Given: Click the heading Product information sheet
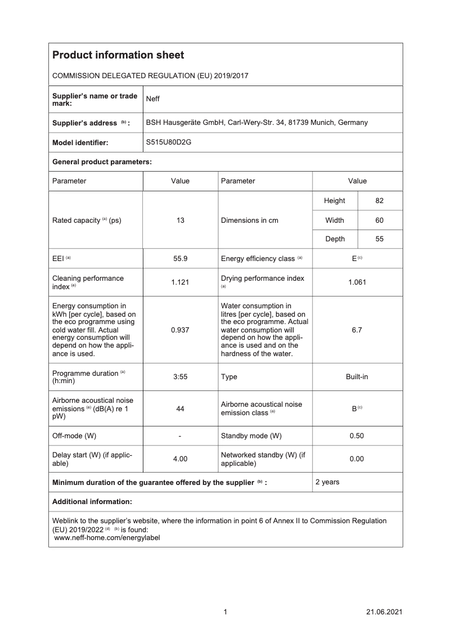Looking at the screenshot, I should [118, 55].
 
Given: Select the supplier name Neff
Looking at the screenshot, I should [153, 100].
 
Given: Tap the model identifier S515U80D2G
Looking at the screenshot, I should [169, 142].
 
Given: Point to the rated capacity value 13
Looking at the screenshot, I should [180, 221].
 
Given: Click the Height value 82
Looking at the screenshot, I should [380, 201].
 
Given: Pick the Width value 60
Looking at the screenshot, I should [380, 221].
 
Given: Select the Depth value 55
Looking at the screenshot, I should [380, 239].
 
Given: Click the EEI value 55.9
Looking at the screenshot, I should [180, 259].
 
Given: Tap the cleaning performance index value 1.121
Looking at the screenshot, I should [180, 282].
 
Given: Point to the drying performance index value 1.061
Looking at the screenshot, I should [357, 282].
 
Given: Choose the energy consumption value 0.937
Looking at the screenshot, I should [180, 330].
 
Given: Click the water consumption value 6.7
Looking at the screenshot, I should [357, 330].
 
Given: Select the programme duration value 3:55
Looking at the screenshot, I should [180, 377].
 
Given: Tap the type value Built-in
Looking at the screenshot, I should [357, 377].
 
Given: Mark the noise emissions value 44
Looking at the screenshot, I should [180, 408].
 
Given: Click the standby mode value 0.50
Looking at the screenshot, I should [357, 436].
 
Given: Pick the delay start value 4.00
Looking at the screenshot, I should [180, 459].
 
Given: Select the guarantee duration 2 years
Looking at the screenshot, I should [327, 482].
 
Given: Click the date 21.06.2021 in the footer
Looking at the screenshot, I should [384, 612].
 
